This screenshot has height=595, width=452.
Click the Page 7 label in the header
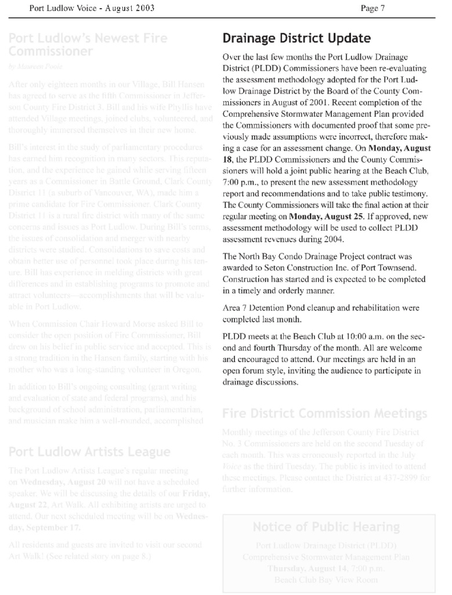click(373, 8)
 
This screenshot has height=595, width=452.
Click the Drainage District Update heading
click(296, 39)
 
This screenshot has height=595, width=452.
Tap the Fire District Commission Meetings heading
click(324, 414)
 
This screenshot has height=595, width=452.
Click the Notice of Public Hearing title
click(326, 528)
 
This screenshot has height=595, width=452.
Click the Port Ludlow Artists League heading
click(89, 452)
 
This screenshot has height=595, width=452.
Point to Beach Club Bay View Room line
click(326, 579)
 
